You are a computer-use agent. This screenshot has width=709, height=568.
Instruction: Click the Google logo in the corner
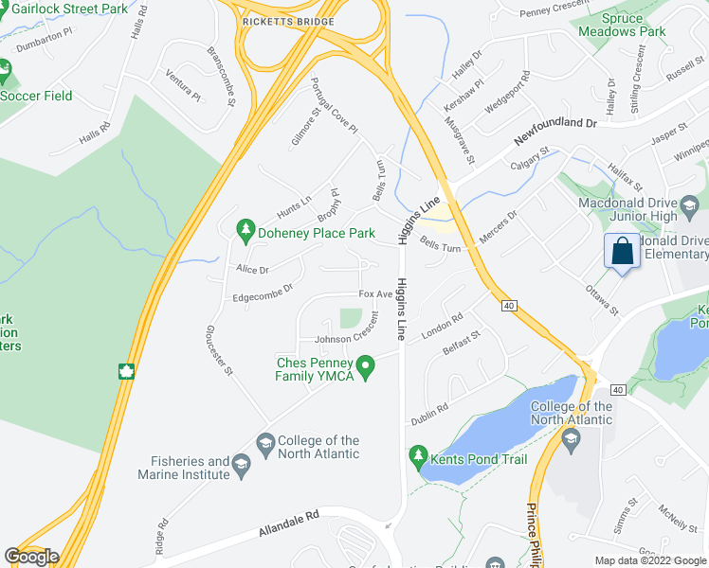point(31,556)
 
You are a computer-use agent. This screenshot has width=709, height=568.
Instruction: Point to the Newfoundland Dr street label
point(556,132)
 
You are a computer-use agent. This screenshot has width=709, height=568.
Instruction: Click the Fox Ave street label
point(375,294)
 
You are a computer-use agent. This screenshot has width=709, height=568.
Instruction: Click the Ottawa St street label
point(601,299)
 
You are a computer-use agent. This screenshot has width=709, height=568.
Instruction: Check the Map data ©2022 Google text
point(650,560)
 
